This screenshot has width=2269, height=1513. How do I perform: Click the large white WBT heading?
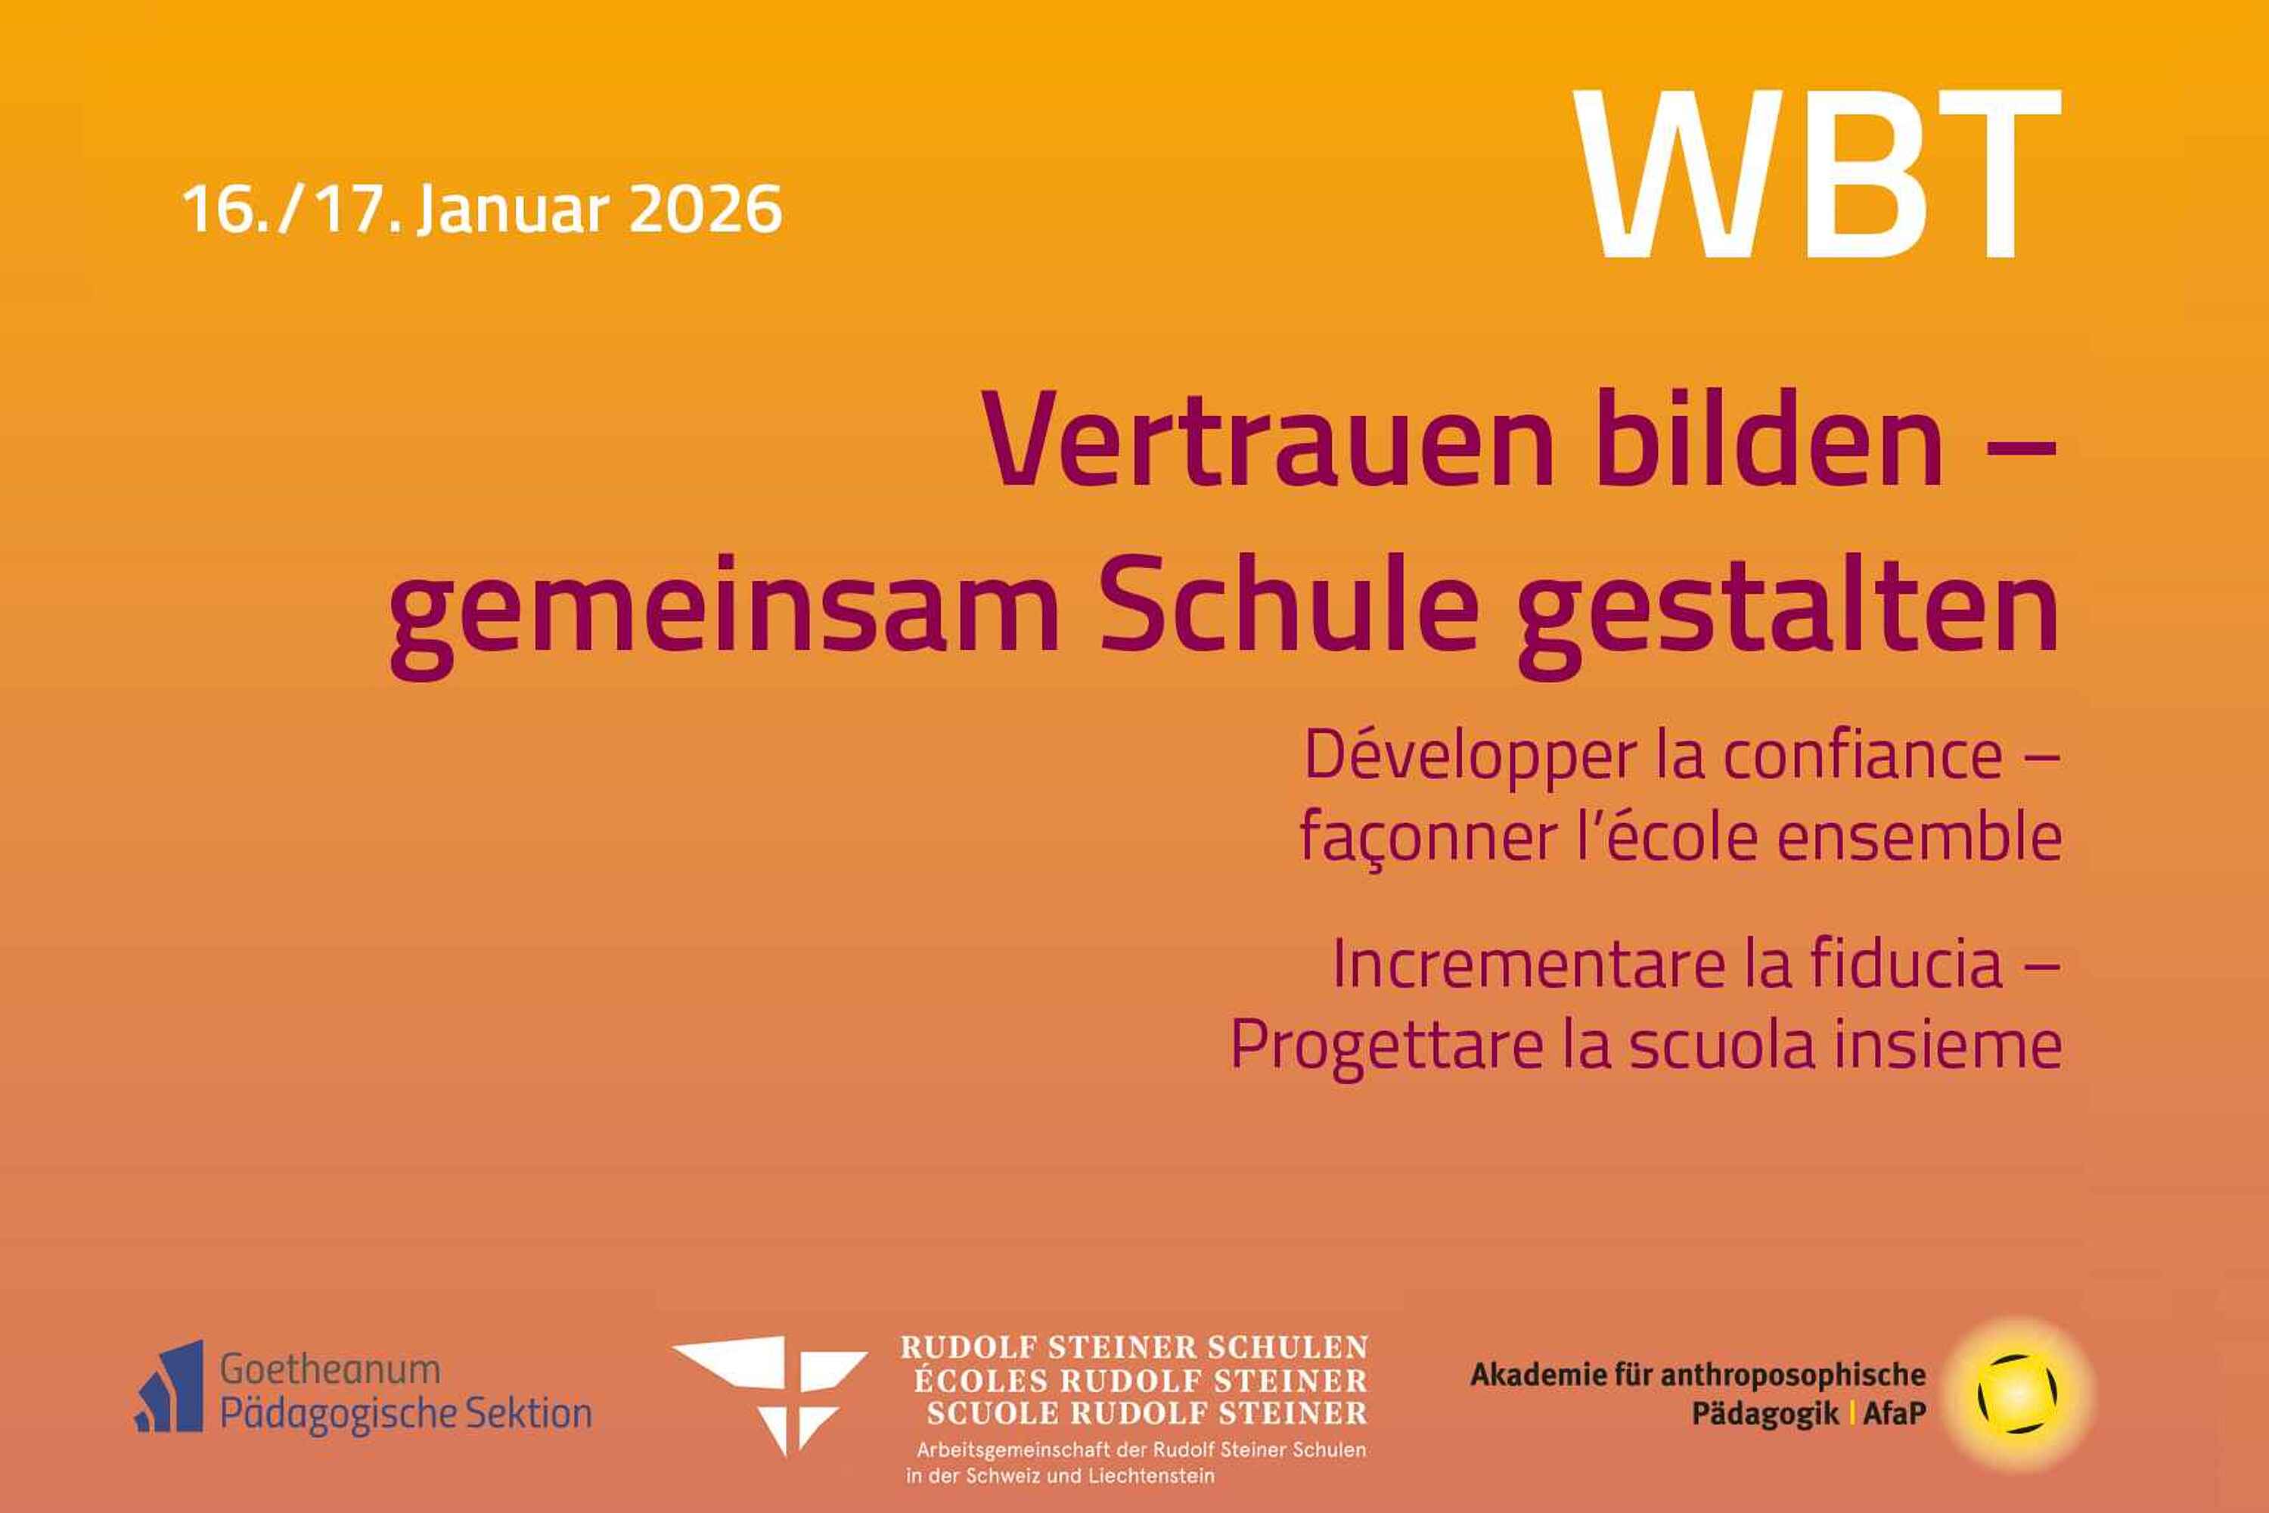tap(1817, 174)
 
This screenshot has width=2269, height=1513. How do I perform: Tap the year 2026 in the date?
tap(704, 209)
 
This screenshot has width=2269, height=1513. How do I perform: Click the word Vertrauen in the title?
tap(1268, 441)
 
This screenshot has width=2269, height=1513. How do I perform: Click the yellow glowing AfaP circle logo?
tap(2017, 1393)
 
